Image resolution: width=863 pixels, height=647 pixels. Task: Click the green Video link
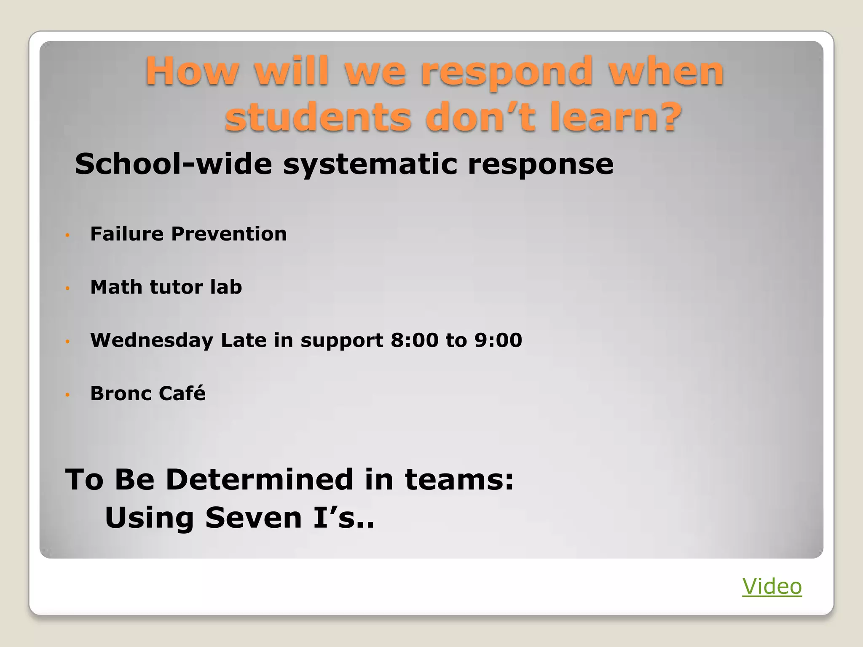[772, 586]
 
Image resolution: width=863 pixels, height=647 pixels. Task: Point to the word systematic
[370, 165]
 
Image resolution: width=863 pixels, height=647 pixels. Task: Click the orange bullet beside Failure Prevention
[67, 235]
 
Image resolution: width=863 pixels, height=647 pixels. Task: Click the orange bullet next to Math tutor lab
[67, 289]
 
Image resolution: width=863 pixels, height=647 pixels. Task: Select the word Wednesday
[152, 340]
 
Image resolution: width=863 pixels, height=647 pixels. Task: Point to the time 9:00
[498, 340]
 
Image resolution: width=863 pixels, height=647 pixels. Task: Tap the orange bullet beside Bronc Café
[67, 395]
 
